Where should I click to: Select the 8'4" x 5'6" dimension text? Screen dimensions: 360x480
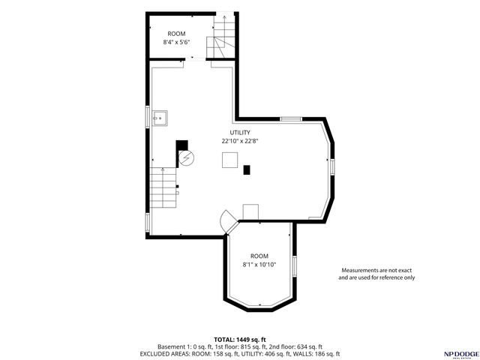[x=176, y=43]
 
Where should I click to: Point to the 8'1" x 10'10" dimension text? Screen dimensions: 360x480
[x=259, y=264]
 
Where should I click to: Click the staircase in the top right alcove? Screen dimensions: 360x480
[x=221, y=41]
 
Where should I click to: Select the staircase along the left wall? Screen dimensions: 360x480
[x=163, y=188]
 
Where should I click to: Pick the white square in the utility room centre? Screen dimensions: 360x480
[x=230, y=160]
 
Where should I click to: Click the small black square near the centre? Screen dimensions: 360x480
[x=247, y=169]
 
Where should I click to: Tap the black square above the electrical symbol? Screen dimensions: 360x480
[x=181, y=145]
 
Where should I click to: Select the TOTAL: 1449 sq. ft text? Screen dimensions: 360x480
[x=239, y=338]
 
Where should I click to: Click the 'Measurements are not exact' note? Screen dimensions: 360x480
[x=376, y=270]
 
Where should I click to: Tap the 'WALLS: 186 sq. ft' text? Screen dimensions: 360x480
[x=319, y=353]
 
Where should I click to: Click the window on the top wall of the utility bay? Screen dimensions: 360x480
[x=290, y=118]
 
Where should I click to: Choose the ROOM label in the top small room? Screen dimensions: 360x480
[x=176, y=34]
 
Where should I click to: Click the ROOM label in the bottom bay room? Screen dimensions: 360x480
[x=259, y=256]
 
